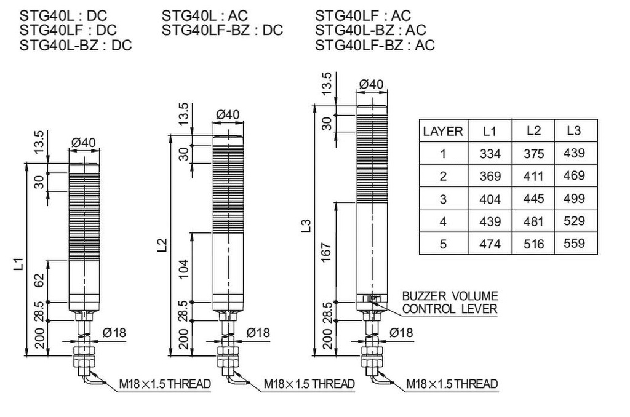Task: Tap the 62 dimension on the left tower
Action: pyautogui.click(x=39, y=280)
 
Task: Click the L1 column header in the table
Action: pyautogui.click(x=490, y=131)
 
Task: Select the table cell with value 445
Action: pyautogui.click(x=534, y=199)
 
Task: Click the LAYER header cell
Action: pyautogui.click(x=443, y=131)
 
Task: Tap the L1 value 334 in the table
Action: pyautogui.click(x=490, y=154)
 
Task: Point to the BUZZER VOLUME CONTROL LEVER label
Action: pyautogui.click(x=450, y=303)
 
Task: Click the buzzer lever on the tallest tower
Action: pyautogui.click(x=372, y=299)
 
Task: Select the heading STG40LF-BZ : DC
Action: pyautogui.click(x=222, y=30)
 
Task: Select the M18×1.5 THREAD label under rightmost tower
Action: pyautogui.click(x=452, y=384)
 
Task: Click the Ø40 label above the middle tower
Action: pyautogui.click(x=228, y=114)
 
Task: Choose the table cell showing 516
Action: pyautogui.click(x=534, y=244)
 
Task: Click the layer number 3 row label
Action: pyautogui.click(x=443, y=199)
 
